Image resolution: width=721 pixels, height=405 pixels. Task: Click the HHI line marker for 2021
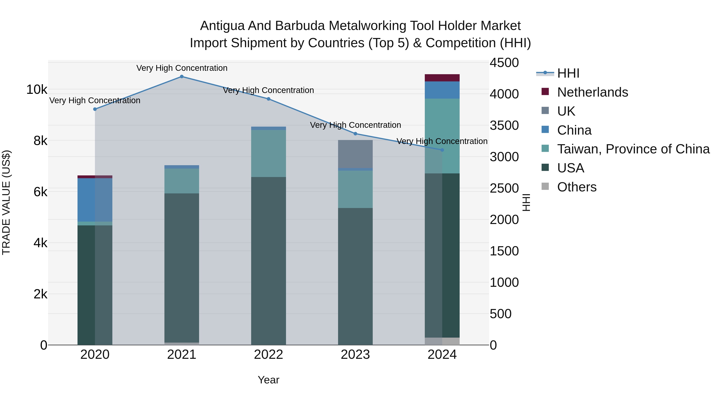pos(182,77)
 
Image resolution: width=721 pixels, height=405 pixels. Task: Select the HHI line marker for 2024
pos(442,150)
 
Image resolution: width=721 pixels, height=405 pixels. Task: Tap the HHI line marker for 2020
pos(95,109)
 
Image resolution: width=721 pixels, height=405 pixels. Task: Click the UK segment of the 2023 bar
pos(355,154)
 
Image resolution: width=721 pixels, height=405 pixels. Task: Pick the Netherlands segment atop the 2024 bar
pos(442,78)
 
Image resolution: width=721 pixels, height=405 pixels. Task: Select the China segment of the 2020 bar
pos(95,200)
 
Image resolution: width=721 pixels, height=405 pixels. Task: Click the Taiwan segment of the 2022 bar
pos(268,153)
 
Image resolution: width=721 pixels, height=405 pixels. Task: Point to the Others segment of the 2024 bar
pos(442,341)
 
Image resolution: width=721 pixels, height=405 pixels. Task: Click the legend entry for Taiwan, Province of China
pos(633,149)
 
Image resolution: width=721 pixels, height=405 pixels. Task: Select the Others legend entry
pos(577,187)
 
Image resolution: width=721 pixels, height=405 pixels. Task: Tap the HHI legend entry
pos(568,73)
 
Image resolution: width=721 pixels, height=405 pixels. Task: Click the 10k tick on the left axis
pos(37,90)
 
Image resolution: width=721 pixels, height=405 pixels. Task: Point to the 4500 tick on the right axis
pos(504,63)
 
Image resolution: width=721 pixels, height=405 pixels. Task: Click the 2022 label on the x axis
pos(268,355)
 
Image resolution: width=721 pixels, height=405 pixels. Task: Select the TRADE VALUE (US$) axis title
pos(6,202)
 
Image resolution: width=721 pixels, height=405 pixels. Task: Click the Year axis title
pos(268,380)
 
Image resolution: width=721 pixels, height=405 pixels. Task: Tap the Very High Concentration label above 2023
pos(355,125)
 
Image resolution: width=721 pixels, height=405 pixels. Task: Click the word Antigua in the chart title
pos(223,26)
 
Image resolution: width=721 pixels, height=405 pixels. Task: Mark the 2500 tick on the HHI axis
pos(504,188)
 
